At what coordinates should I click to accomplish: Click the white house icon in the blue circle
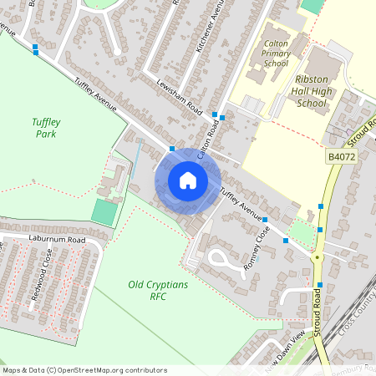188,180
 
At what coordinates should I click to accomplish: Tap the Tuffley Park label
46,127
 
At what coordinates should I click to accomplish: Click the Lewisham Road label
180,97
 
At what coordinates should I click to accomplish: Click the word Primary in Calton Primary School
276,52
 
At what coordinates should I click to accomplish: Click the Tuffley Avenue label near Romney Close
240,205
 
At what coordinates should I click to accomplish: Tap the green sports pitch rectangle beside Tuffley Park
104,211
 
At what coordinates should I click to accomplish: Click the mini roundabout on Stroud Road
317,258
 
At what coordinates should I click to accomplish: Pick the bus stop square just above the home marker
172,149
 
